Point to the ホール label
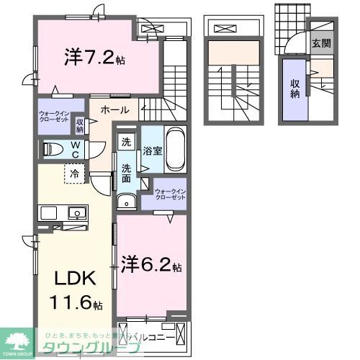pos(114,110)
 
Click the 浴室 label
pos(151,152)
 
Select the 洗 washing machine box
pos(126,142)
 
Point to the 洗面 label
pos(126,173)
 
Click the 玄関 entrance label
pos(322,43)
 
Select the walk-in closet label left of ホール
pos(55,117)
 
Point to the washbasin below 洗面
pos(127,202)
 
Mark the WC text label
pos(76,149)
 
